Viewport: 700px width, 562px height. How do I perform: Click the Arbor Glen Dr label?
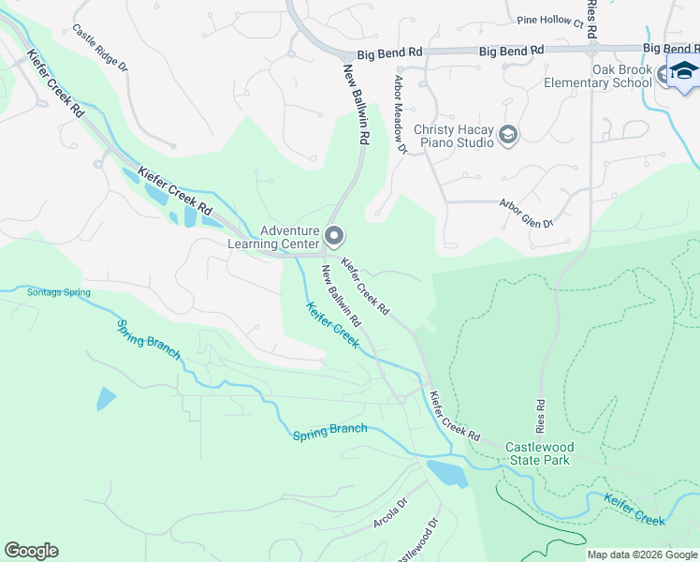coord(526,213)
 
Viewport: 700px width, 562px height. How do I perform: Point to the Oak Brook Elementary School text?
coord(598,76)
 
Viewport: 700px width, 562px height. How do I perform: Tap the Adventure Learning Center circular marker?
coord(334,235)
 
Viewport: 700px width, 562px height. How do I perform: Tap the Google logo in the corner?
coord(31,551)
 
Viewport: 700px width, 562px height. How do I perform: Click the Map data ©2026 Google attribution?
coord(642,555)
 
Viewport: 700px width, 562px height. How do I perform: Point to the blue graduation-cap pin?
coord(683,73)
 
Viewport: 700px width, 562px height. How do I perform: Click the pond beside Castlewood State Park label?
coord(446,473)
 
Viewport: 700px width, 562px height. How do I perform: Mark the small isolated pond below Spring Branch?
coord(106,398)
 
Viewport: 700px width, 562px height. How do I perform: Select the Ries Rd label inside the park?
coord(540,412)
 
